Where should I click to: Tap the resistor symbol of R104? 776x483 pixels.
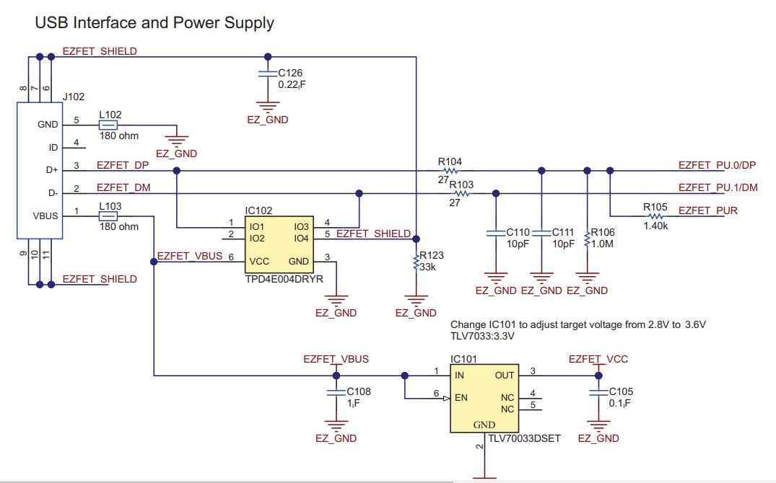452,171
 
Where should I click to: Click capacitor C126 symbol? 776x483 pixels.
268,75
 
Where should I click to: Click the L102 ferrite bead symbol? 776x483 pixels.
108,125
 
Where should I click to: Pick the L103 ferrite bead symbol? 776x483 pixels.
108,216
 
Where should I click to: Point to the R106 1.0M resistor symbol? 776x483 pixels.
587,238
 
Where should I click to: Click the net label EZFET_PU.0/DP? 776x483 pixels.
717,165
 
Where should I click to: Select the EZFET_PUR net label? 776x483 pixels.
707,211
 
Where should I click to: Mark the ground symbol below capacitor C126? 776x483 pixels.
268,107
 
